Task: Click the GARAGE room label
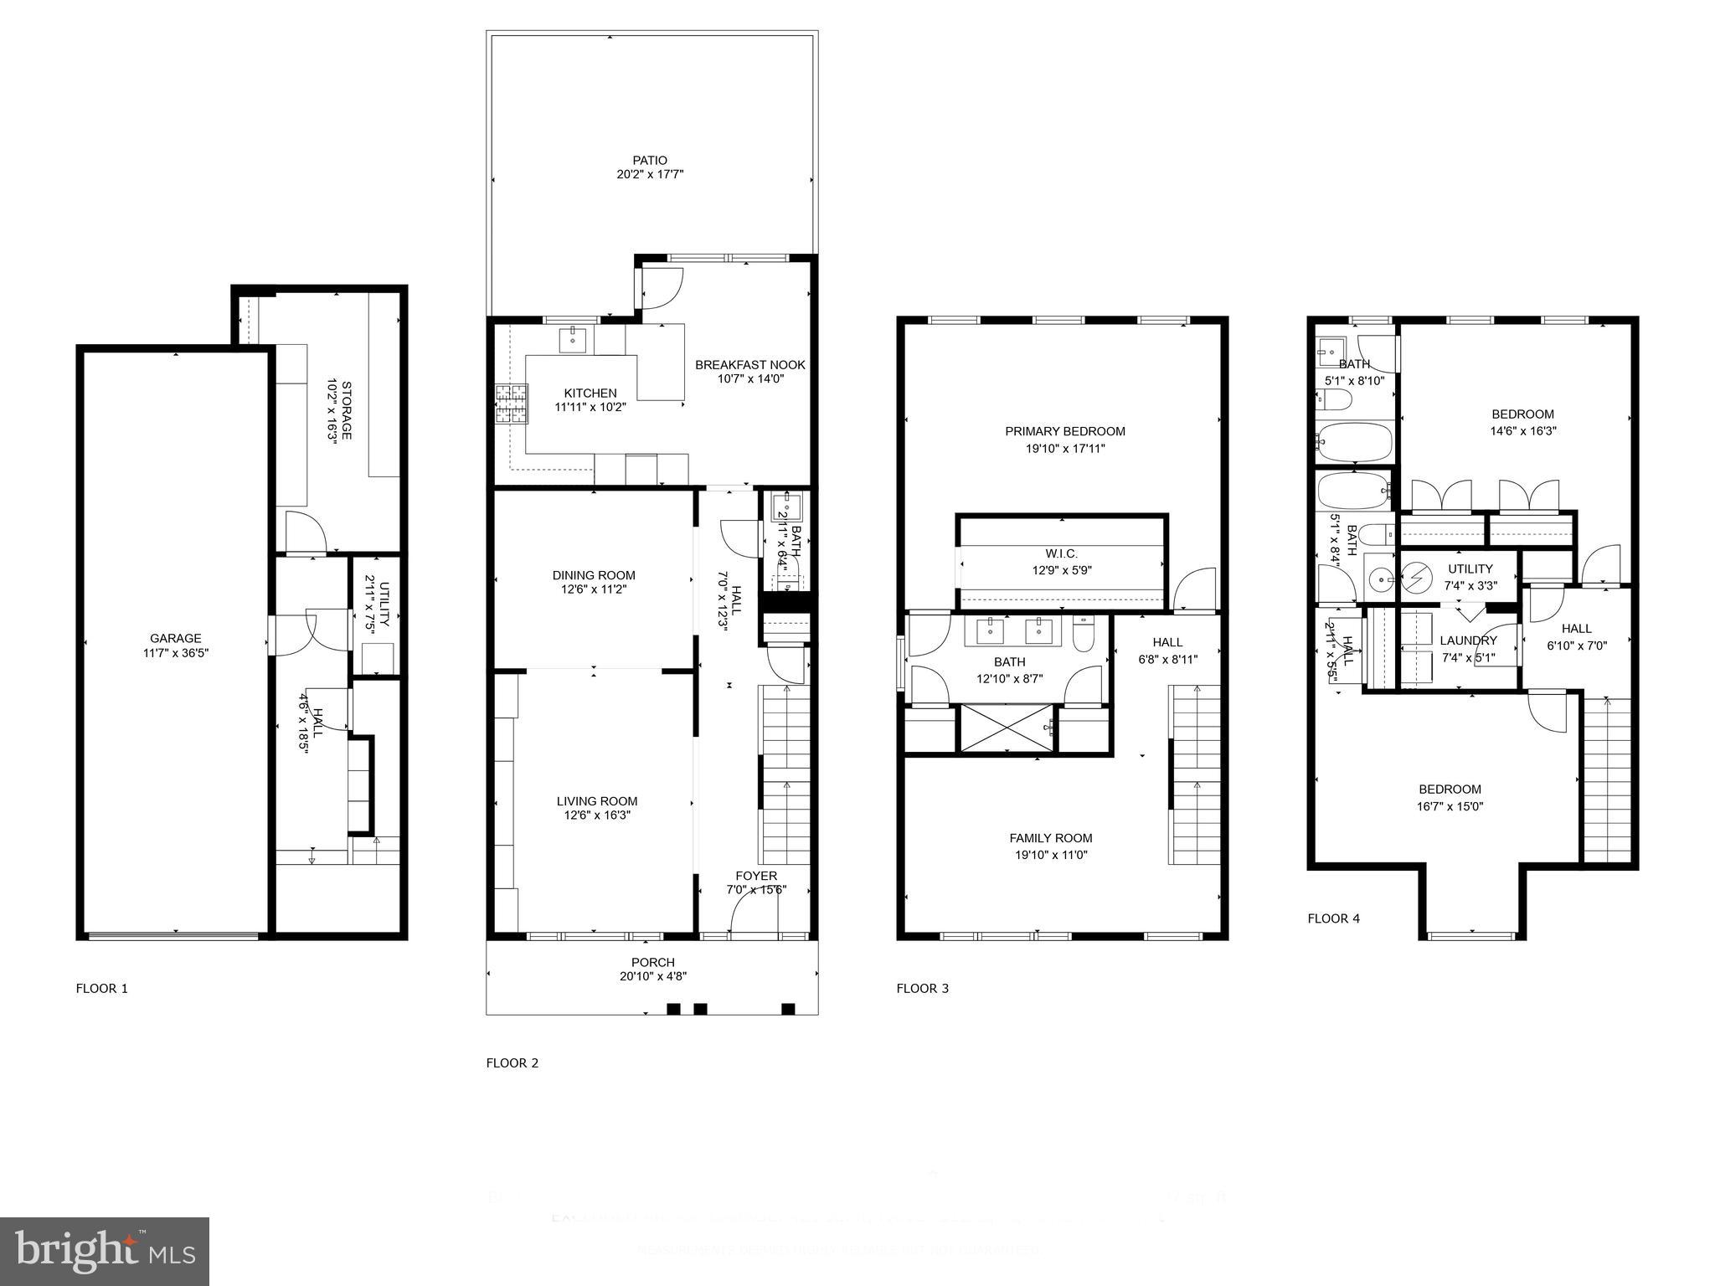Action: (176, 638)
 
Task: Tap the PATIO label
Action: (650, 160)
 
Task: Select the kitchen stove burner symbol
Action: (511, 404)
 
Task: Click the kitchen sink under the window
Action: (573, 340)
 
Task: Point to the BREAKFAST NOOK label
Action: (749, 364)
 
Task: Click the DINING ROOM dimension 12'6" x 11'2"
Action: (594, 589)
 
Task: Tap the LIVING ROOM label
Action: (597, 800)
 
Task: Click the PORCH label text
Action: (652, 962)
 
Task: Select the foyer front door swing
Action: (750, 908)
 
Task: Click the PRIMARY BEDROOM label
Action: (1064, 431)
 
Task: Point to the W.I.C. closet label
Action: (1061, 553)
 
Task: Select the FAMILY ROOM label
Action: (1050, 837)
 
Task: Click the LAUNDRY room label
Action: (1468, 640)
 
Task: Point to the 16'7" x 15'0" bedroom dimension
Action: (1450, 806)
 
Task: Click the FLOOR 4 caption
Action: (1333, 918)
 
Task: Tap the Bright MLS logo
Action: (105, 1251)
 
